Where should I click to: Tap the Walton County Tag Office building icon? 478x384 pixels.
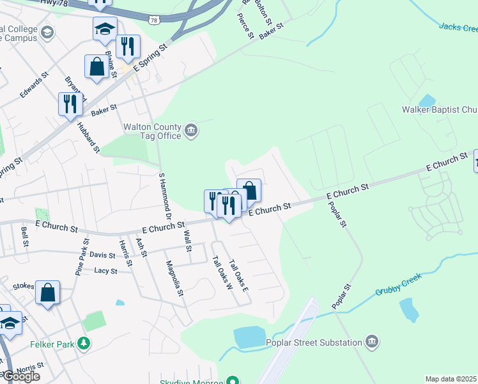[x=191, y=131]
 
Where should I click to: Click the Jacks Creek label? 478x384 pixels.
[x=458, y=27]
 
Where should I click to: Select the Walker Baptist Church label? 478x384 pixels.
[x=439, y=109]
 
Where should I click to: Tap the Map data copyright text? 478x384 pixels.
[x=451, y=379]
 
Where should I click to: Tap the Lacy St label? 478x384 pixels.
[x=105, y=271]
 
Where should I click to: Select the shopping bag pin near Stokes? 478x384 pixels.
[x=48, y=294]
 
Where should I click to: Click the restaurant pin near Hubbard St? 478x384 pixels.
[x=70, y=104]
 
